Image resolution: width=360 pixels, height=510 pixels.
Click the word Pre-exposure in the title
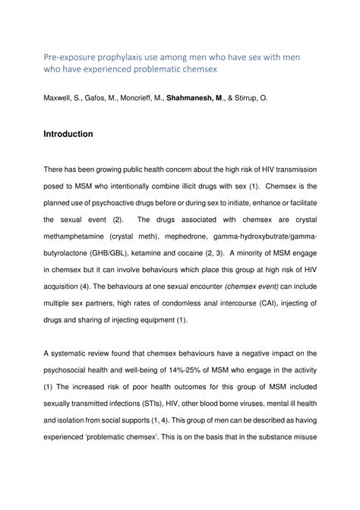click(x=69, y=55)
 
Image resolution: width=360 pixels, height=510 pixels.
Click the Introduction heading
click(x=68, y=134)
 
